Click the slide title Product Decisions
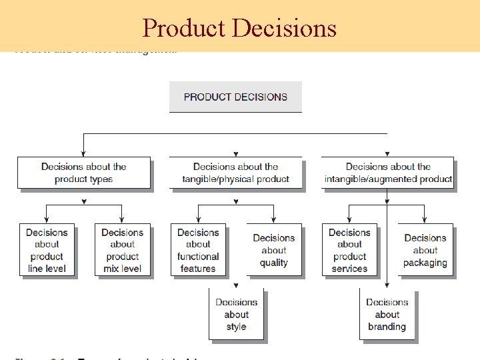239,28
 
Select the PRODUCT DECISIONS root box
235,97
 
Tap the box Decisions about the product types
83,173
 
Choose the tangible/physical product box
235,173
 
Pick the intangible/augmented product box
387,173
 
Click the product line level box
47,250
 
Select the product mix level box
122,250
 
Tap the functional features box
198,250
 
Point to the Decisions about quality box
273,250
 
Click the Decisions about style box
236,314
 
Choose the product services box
349,250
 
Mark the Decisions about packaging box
425,250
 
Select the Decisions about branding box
387,314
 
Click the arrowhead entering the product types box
83,154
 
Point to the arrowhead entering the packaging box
425,221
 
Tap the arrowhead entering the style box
236,285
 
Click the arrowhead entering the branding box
387,285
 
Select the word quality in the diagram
273,263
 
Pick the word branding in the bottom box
387,327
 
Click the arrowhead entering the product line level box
47,221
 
